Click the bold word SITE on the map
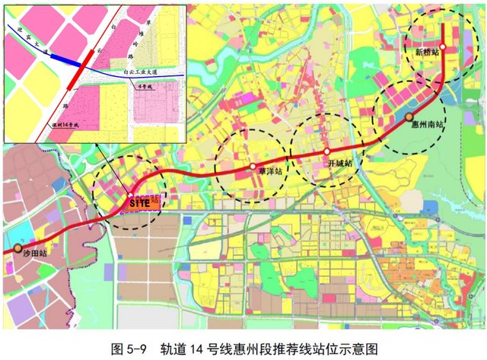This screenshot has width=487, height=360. (139, 202)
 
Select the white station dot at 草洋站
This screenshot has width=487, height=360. (252, 165)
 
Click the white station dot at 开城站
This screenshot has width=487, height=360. (326, 151)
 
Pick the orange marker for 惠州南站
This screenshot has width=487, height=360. (409, 116)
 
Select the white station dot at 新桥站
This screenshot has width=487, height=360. (443, 46)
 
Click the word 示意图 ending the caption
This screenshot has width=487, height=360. (361, 349)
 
